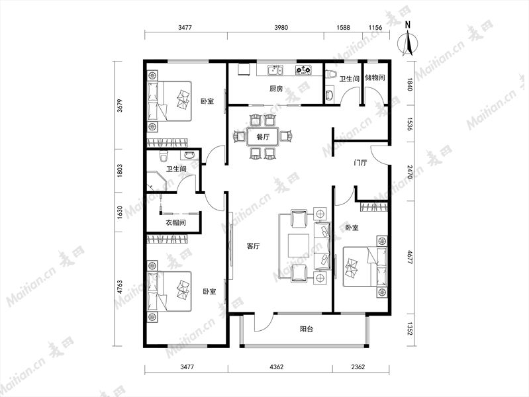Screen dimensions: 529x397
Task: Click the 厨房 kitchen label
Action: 276,89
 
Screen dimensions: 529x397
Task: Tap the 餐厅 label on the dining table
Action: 263,137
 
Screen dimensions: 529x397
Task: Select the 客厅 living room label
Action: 253,246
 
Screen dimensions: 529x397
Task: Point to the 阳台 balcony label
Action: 307,329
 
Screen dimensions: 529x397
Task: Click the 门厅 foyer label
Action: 360,163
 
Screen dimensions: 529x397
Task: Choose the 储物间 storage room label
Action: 375,77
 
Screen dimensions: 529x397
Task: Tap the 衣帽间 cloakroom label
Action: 175,222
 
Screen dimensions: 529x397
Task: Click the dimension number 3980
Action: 281,28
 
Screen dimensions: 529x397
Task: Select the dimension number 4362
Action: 277,367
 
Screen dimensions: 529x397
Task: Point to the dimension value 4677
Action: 410,257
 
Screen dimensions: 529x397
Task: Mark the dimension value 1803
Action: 119,171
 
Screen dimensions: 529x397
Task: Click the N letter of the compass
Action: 408,24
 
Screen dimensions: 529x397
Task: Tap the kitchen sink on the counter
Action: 275,70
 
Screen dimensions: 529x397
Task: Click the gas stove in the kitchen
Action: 304,70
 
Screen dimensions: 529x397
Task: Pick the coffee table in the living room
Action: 299,245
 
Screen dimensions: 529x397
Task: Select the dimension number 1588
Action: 343,28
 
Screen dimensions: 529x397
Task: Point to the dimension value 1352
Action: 410,329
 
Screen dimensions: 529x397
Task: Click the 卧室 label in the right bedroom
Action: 352,228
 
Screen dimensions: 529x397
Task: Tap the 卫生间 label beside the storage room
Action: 349,79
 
